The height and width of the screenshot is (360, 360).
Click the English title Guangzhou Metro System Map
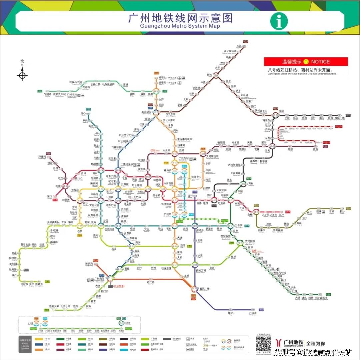pos(180,26)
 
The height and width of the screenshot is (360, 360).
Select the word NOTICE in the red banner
pos(320,62)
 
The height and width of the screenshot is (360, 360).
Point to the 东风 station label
pos(239,46)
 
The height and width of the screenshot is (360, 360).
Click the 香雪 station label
pos(315,149)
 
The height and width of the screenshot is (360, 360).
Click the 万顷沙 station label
pos(253,314)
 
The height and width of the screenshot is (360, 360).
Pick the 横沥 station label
pos(231,314)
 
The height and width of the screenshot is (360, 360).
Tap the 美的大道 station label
pos(54,306)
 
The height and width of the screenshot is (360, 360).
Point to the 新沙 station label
pos(342,212)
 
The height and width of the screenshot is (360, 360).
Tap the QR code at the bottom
pos(263,343)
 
